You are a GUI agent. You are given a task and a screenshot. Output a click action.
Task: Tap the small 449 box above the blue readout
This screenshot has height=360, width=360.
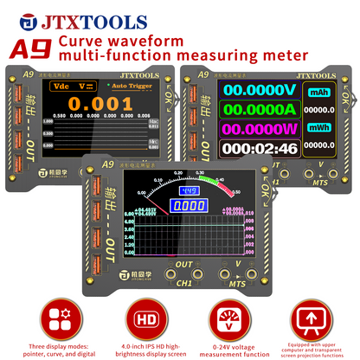(188, 191)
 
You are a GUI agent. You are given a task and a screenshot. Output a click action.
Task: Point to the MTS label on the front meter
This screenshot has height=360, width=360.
(236, 282)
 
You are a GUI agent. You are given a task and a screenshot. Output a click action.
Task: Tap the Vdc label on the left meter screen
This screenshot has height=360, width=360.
(61, 87)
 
